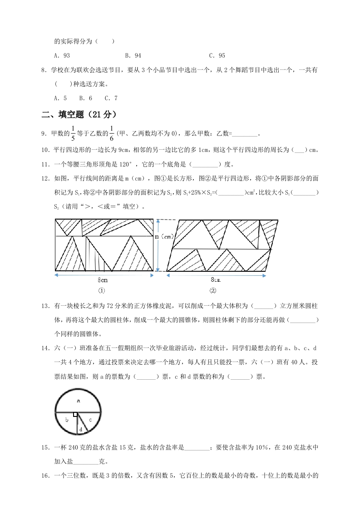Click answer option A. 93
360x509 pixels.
click(62, 56)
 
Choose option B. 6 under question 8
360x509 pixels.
click(85, 98)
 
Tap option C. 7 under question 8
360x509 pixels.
click(111, 98)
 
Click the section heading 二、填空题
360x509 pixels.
click(79, 114)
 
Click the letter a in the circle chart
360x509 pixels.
click(79, 401)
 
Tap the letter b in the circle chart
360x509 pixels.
click(67, 421)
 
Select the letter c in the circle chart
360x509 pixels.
click(90, 420)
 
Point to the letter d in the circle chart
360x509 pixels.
click(80, 429)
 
